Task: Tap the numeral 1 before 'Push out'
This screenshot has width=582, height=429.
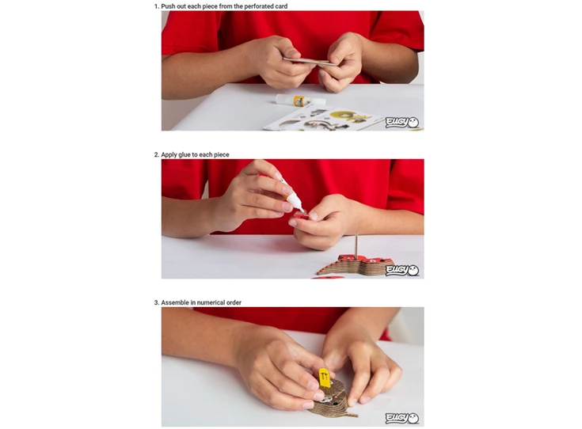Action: [x=156, y=6]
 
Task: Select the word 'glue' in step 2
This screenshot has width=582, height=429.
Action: [x=184, y=155]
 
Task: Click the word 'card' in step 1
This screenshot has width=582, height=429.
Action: [x=280, y=6]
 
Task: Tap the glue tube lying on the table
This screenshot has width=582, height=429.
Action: [x=301, y=100]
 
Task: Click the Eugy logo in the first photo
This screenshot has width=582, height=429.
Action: [x=402, y=122]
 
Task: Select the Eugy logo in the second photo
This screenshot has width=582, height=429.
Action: [x=402, y=270]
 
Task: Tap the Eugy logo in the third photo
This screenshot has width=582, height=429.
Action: [x=402, y=418]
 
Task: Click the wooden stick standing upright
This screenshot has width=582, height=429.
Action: [x=356, y=245]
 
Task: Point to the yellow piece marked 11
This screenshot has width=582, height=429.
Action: [x=324, y=378]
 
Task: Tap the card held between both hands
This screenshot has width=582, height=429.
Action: [x=310, y=62]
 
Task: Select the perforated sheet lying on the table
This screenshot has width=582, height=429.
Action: [x=323, y=120]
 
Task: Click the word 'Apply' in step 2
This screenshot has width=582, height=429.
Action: [x=169, y=155]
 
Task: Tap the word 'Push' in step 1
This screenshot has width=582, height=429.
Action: [x=168, y=6]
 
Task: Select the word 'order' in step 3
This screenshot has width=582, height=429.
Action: [x=234, y=303]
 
